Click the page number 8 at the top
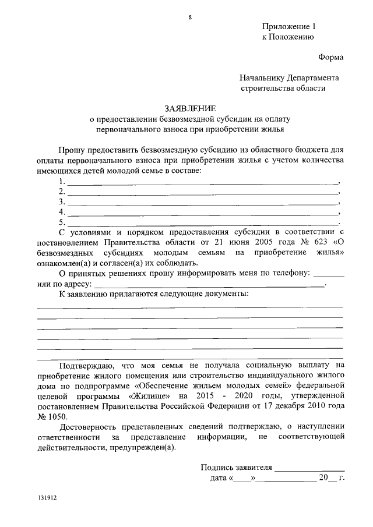click(189, 16)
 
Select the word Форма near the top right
click(330, 57)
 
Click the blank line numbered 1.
click(203, 183)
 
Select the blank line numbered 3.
click(203, 203)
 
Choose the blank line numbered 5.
click(203, 222)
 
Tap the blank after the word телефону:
click(329, 273)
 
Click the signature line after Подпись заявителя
click(309, 468)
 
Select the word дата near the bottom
click(220, 479)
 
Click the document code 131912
click(47, 499)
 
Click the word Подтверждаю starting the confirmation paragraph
click(86, 365)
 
